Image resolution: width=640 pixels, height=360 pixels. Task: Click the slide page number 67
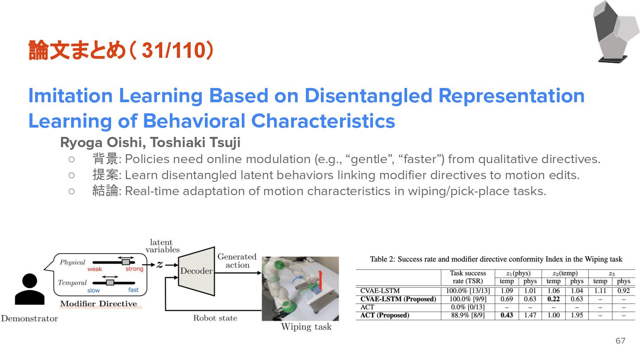pyautogui.click(x=620, y=341)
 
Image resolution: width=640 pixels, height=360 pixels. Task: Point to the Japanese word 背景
pyautogui.click(x=105, y=159)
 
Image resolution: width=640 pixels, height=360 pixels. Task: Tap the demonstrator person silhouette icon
pyautogui.click(x=29, y=289)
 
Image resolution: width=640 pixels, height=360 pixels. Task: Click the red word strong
pyautogui.click(x=134, y=269)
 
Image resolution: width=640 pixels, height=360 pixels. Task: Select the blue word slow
pyautogui.click(x=94, y=290)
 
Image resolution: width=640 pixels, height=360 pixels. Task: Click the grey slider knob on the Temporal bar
pyautogui.click(x=110, y=282)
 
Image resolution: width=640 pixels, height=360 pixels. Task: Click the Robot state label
pyautogui.click(x=215, y=318)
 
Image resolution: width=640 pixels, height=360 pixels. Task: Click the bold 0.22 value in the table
pyautogui.click(x=553, y=299)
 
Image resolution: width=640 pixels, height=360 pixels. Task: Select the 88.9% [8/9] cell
pyautogui.click(x=468, y=315)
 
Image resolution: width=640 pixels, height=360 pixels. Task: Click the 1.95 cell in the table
pyautogui.click(x=576, y=315)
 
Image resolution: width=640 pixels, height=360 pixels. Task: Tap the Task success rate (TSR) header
pyautogui.click(x=468, y=277)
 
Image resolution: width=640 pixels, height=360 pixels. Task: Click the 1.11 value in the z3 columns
pyautogui.click(x=600, y=291)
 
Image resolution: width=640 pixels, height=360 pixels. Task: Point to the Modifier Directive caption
pyautogui.click(x=99, y=304)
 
